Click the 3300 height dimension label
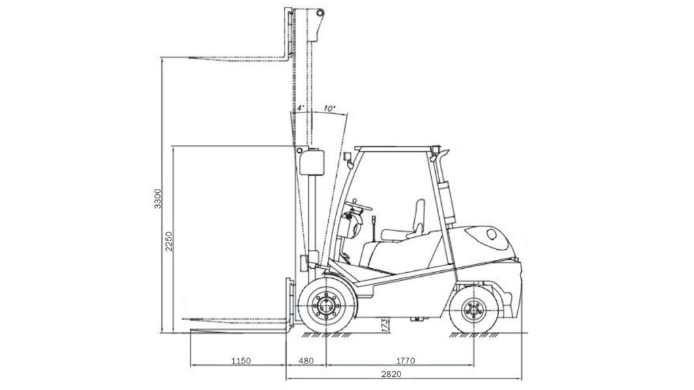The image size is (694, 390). click(158, 198)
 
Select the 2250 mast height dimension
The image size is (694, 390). click(169, 241)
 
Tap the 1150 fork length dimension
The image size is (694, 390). click(241, 361)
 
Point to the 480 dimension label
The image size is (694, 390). click(306, 361)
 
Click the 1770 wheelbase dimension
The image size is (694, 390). click(405, 361)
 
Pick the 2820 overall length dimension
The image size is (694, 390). click(391, 374)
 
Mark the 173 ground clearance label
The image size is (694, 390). click(384, 325)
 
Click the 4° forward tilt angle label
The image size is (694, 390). click(300, 108)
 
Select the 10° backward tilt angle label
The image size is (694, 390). click(330, 108)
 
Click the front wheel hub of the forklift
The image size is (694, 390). click(326, 305)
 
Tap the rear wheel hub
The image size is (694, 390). click(474, 310)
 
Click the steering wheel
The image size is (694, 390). click(359, 204)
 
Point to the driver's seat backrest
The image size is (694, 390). click(419, 217)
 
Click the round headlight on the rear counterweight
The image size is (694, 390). click(492, 234)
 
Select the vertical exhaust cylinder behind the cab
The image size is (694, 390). click(449, 202)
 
